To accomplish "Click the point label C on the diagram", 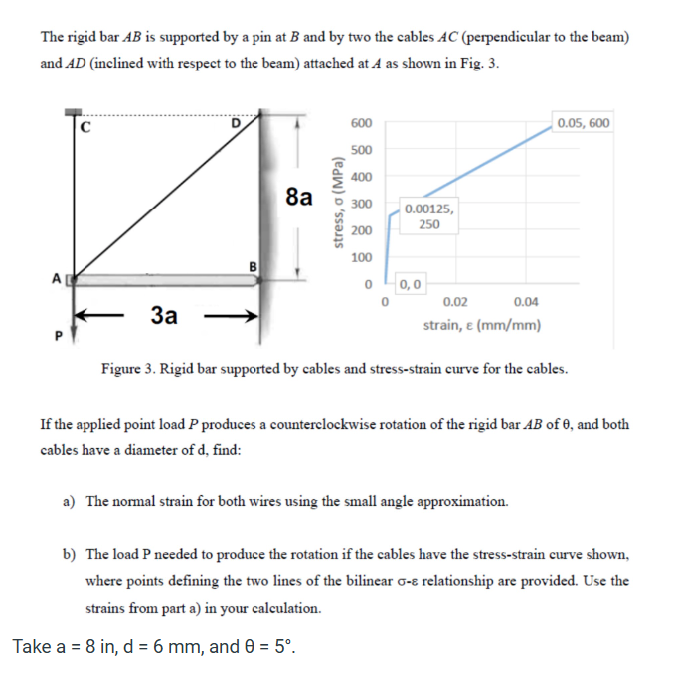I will (x=85, y=127).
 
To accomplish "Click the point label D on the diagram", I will (x=236, y=123).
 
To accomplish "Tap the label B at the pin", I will (x=253, y=265).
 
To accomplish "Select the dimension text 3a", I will (x=165, y=316).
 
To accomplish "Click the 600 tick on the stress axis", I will (x=362, y=123).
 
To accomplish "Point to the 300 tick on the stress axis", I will (x=362, y=204).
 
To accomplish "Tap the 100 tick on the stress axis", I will (x=362, y=257).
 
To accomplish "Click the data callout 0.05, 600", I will (x=585, y=123).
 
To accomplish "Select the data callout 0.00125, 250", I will (x=430, y=216).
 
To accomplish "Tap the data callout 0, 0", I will (x=409, y=284).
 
